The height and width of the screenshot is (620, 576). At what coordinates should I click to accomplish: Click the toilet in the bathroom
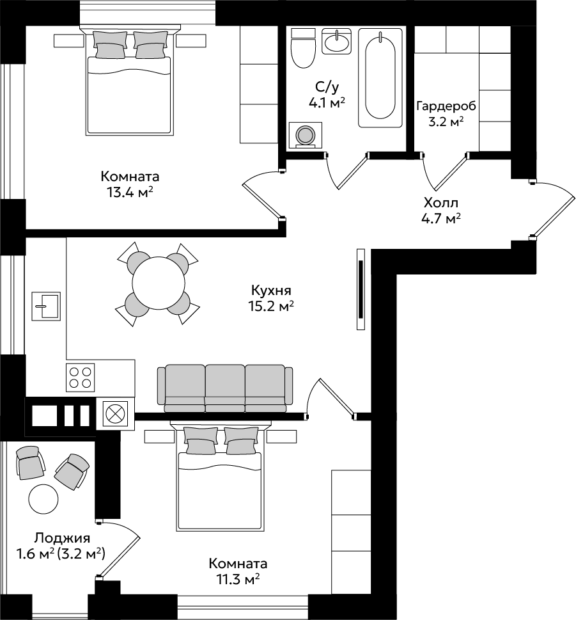303,48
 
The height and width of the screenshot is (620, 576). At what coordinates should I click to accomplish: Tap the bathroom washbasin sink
336,41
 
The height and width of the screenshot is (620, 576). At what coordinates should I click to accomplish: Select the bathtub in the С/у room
380,77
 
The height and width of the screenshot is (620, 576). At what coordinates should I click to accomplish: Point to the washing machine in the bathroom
305,135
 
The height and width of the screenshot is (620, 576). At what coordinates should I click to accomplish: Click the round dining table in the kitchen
159,283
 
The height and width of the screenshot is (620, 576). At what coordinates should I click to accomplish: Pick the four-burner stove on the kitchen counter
80,378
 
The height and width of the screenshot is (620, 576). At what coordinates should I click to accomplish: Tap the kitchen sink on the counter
46,306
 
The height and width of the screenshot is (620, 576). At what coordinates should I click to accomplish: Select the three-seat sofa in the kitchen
225,389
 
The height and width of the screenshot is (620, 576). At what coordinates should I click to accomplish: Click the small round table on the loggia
43,498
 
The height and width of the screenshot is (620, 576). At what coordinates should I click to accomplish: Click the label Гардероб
446,106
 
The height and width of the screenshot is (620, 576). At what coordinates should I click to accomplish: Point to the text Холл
441,203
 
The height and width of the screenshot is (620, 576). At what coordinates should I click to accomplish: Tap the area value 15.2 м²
271,306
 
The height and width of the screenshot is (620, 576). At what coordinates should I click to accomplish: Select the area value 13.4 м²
130,193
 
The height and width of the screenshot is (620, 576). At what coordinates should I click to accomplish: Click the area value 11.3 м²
238,580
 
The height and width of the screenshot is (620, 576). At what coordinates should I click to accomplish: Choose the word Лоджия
62,538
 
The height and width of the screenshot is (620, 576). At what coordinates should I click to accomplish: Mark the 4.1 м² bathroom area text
327,103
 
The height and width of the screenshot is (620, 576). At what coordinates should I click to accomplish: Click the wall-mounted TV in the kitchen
361,289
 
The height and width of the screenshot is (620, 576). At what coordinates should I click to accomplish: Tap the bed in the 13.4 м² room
130,80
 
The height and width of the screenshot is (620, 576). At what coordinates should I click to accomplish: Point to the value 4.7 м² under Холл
441,218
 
